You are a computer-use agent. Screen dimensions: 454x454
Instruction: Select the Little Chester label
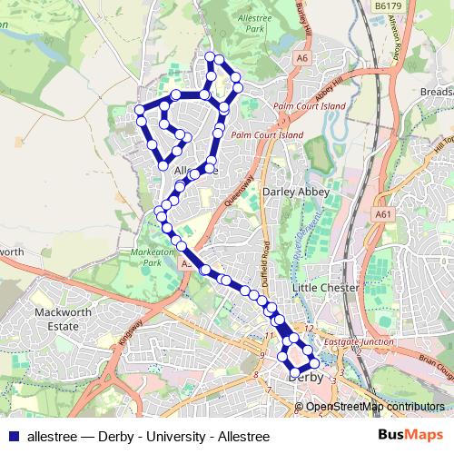[326, 288]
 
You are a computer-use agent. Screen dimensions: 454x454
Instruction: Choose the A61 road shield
[382, 214]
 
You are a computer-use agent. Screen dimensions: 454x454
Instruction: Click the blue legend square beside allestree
[13, 436]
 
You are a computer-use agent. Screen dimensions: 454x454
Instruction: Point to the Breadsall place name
[437, 93]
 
